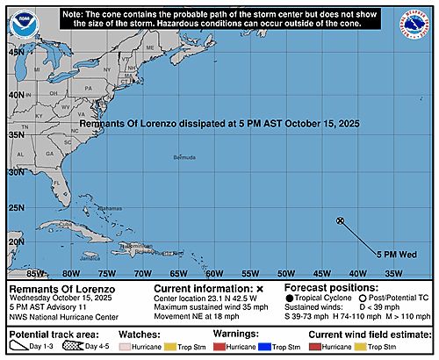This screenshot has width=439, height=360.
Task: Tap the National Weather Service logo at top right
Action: [x=414, y=25]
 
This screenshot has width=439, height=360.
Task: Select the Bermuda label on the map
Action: [x=184, y=158]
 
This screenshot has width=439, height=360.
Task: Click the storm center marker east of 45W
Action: [x=340, y=220]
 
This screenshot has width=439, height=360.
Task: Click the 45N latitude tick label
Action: [x=16, y=52]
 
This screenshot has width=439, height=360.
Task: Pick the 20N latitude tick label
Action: [x=16, y=241]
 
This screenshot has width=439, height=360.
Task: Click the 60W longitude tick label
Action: [x=209, y=274]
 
